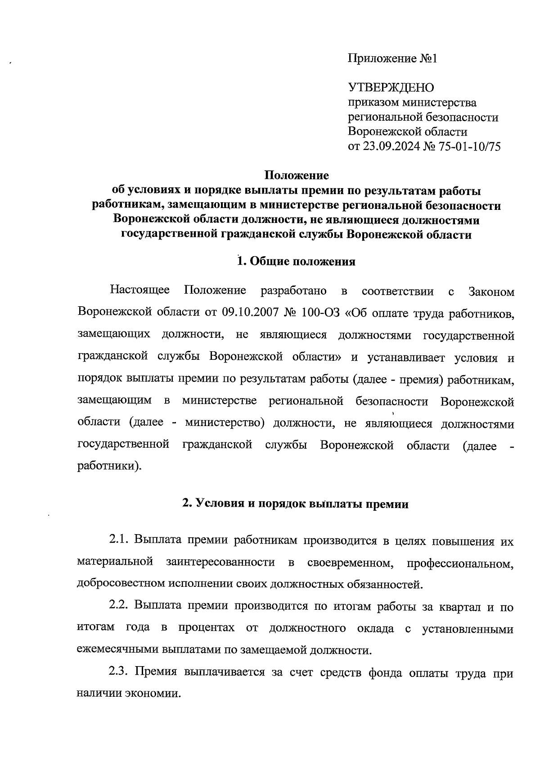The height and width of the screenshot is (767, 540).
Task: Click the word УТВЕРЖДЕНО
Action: pos(391,87)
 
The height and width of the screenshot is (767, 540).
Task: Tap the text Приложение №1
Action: pos(392,59)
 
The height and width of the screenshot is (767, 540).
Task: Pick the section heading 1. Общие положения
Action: pos(297,262)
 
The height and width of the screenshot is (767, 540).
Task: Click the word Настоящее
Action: pos(140,290)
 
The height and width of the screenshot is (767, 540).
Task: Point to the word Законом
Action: pos(491,291)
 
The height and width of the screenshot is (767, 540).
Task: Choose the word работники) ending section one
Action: pos(109,465)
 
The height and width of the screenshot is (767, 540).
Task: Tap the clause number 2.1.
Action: pos(119,540)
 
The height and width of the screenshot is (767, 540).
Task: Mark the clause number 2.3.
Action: pos(119,673)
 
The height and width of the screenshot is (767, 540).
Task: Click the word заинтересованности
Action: pos(220,562)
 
